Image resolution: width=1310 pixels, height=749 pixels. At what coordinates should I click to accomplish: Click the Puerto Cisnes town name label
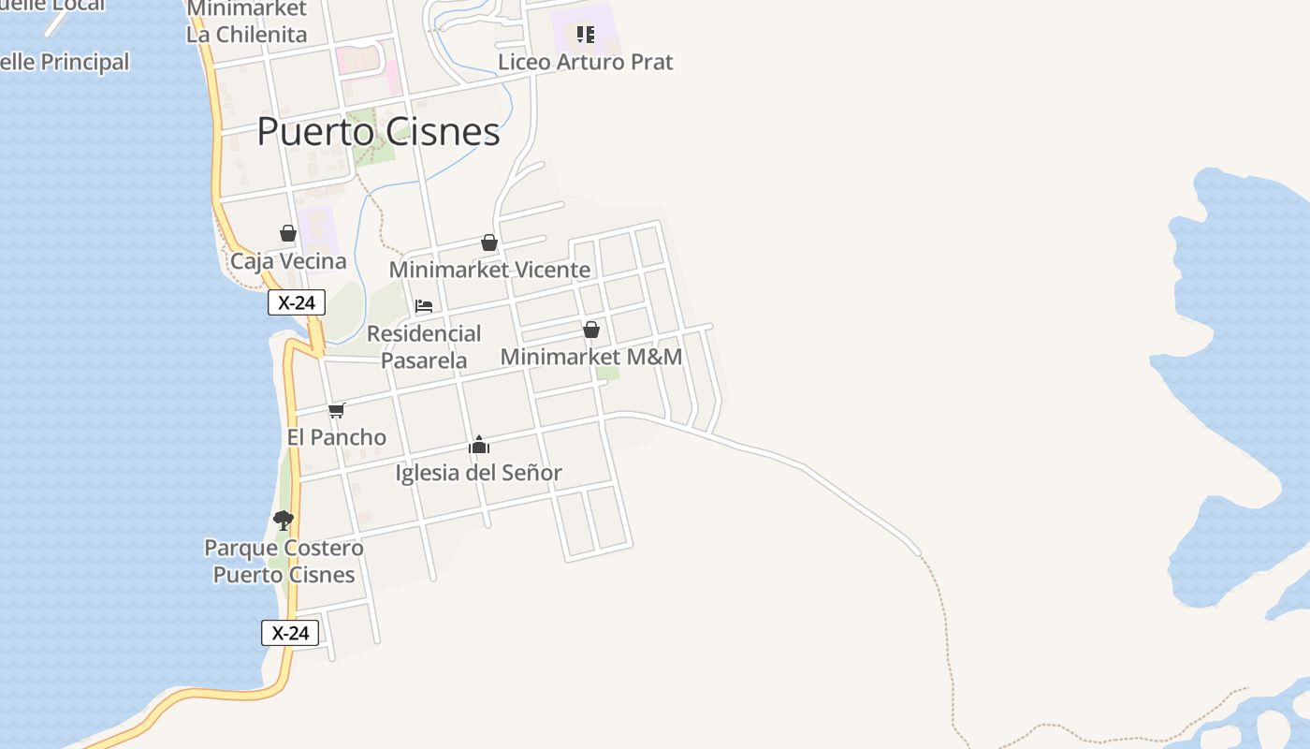click(378, 132)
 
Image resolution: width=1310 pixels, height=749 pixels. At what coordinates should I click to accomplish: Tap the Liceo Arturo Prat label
click(585, 62)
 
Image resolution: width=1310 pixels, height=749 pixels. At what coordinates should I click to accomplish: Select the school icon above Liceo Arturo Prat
click(586, 35)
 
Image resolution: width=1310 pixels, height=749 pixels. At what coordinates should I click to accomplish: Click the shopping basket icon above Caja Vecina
click(288, 233)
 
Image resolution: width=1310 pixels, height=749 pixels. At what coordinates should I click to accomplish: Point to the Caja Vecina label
click(288, 261)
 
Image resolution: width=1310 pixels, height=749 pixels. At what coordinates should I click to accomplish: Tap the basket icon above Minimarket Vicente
click(488, 243)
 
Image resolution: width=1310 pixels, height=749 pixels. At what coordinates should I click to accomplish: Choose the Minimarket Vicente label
click(489, 270)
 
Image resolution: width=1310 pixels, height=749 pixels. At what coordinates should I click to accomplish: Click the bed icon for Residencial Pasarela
click(424, 305)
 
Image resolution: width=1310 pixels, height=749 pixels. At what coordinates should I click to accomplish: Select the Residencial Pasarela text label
click(424, 346)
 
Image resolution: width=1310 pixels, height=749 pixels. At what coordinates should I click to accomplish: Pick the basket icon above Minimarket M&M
click(591, 330)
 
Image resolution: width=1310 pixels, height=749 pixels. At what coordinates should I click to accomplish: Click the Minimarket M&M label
click(591, 357)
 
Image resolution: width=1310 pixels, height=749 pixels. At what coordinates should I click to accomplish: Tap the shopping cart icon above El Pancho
click(337, 410)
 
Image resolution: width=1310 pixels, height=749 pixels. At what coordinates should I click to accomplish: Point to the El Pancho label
click(336, 437)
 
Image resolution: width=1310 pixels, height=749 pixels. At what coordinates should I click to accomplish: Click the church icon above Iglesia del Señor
click(479, 445)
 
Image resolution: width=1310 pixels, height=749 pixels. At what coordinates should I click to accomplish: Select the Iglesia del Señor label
click(478, 473)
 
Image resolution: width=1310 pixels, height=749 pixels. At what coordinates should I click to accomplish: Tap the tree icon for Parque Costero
click(284, 521)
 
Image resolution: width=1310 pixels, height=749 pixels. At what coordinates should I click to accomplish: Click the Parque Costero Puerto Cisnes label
click(284, 561)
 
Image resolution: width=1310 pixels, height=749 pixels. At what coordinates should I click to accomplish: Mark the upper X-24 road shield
click(297, 302)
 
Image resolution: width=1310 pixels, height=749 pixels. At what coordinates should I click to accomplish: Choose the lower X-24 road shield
click(290, 633)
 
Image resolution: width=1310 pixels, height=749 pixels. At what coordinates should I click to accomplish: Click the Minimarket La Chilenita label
click(246, 22)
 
